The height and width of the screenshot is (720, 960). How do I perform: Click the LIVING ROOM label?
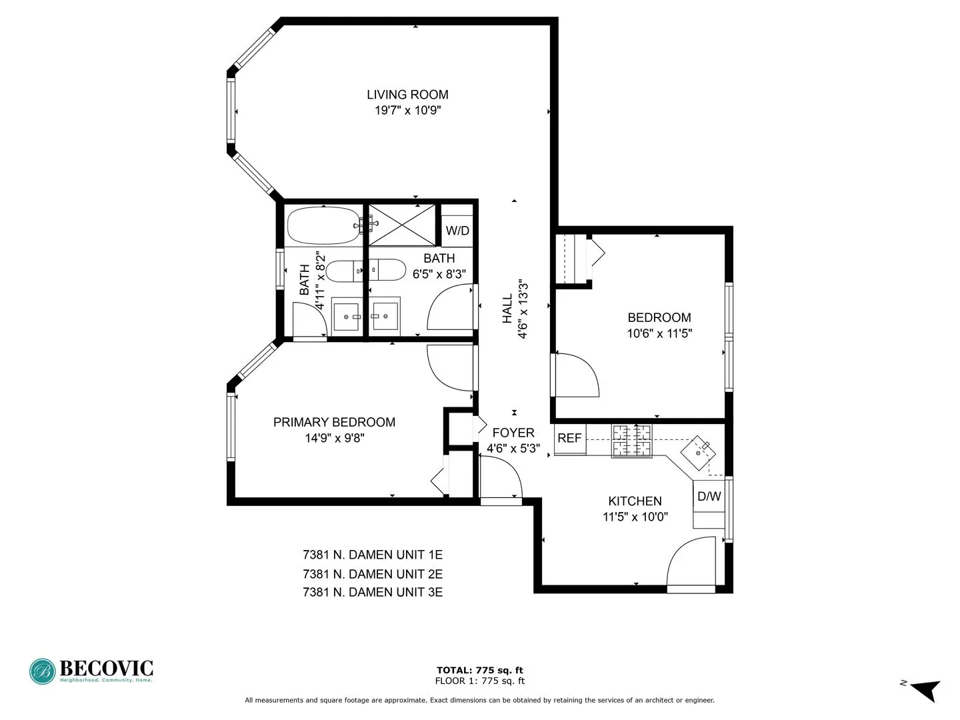(x=407, y=95)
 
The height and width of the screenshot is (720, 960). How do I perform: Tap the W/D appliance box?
(x=457, y=231)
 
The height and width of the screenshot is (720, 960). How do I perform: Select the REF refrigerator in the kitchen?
(x=569, y=439)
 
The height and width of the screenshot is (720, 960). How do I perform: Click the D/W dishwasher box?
(x=709, y=497)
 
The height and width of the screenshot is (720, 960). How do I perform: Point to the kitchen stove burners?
(x=631, y=441)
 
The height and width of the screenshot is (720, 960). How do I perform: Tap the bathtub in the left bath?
(x=323, y=226)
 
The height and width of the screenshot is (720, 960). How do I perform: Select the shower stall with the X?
(x=402, y=225)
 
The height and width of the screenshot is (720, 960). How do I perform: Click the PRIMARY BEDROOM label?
(x=334, y=422)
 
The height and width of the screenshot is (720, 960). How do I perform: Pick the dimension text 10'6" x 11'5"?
(x=659, y=333)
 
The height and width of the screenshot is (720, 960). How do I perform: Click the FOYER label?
(x=513, y=433)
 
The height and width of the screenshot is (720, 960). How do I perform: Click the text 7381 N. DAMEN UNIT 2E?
(x=373, y=574)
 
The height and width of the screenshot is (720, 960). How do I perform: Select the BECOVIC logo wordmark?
(x=106, y=668)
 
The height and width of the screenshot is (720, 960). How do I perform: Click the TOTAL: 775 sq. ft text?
(x=479, y=670)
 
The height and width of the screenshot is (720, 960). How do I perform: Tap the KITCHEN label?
(x=635, y=501)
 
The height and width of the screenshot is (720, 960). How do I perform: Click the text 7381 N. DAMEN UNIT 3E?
(x=373, y=592)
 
